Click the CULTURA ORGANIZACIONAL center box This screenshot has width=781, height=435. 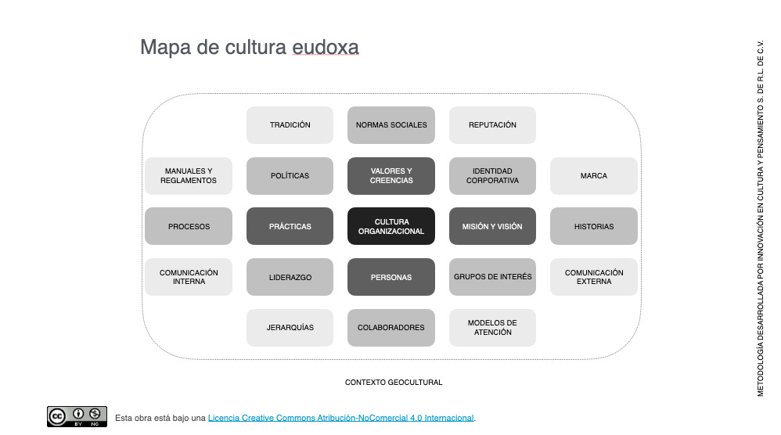[x=390, y=226]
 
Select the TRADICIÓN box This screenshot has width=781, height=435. [x=290, y=125]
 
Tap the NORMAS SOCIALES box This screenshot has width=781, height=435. [x=390, y=125]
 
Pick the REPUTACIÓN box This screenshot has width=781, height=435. [x=492, y=125]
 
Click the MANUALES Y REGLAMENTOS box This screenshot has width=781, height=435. [x=189, y=176]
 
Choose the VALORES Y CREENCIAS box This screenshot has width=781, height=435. [x=390, y=176]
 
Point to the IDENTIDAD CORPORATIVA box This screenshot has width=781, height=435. [x=492, y=176]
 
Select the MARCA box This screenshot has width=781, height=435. [x=593, y=176]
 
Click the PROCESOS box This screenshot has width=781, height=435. [x=189, y=226]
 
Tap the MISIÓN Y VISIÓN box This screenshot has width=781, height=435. [x=492, y=226]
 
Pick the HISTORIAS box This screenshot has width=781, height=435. [x=593, y=226]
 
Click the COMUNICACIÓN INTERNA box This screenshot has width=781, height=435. [x=189, y=277]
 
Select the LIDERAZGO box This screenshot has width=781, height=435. [x=290, y=277]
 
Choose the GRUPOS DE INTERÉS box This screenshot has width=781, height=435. [x=492, y=277]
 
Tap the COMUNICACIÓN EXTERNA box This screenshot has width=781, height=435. [x=593, y=277]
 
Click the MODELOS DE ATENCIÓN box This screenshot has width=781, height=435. [x=492, y=327]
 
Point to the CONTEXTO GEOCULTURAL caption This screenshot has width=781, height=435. [x=394, y=383]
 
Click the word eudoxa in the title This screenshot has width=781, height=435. [x=326, y=48]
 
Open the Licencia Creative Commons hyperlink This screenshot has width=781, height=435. [x=340, y=418]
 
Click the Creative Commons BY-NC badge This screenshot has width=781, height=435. [x=77, y=416]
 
